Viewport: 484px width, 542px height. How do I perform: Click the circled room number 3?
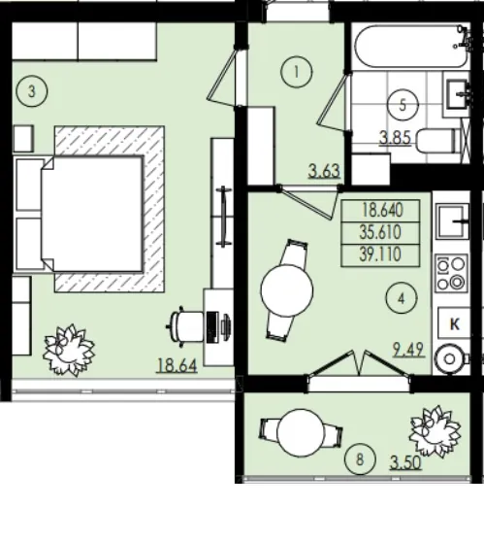click(x=32, y=92)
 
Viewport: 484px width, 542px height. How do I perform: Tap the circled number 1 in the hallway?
click(x=296, y=72)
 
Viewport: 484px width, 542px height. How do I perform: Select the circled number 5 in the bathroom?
click(x=403, y=105)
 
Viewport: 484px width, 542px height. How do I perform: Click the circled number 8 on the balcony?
click(x=360, y=459)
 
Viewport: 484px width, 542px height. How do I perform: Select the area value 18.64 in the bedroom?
click(x=177, y=365)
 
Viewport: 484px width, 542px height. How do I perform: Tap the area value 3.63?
click(x=325, y=171)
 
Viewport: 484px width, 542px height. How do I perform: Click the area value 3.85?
click(x=396, y=138)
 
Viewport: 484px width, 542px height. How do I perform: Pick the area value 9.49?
click(x=408, y=350)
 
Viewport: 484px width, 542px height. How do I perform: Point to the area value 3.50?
click(x=406, y=463)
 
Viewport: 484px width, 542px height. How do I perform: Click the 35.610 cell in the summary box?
click(x=380, y=232)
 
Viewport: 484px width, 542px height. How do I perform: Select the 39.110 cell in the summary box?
click(x=380, y=255)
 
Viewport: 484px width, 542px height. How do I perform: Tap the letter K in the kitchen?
click(x=455, y=324)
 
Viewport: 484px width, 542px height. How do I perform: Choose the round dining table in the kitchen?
click(x=287, y=290)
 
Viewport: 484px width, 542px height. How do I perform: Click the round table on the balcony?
click(x=301, y=433)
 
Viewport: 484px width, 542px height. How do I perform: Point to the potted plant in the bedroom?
click(x=69, y=350)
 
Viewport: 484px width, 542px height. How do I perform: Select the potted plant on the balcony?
click(x=435, y=431)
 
